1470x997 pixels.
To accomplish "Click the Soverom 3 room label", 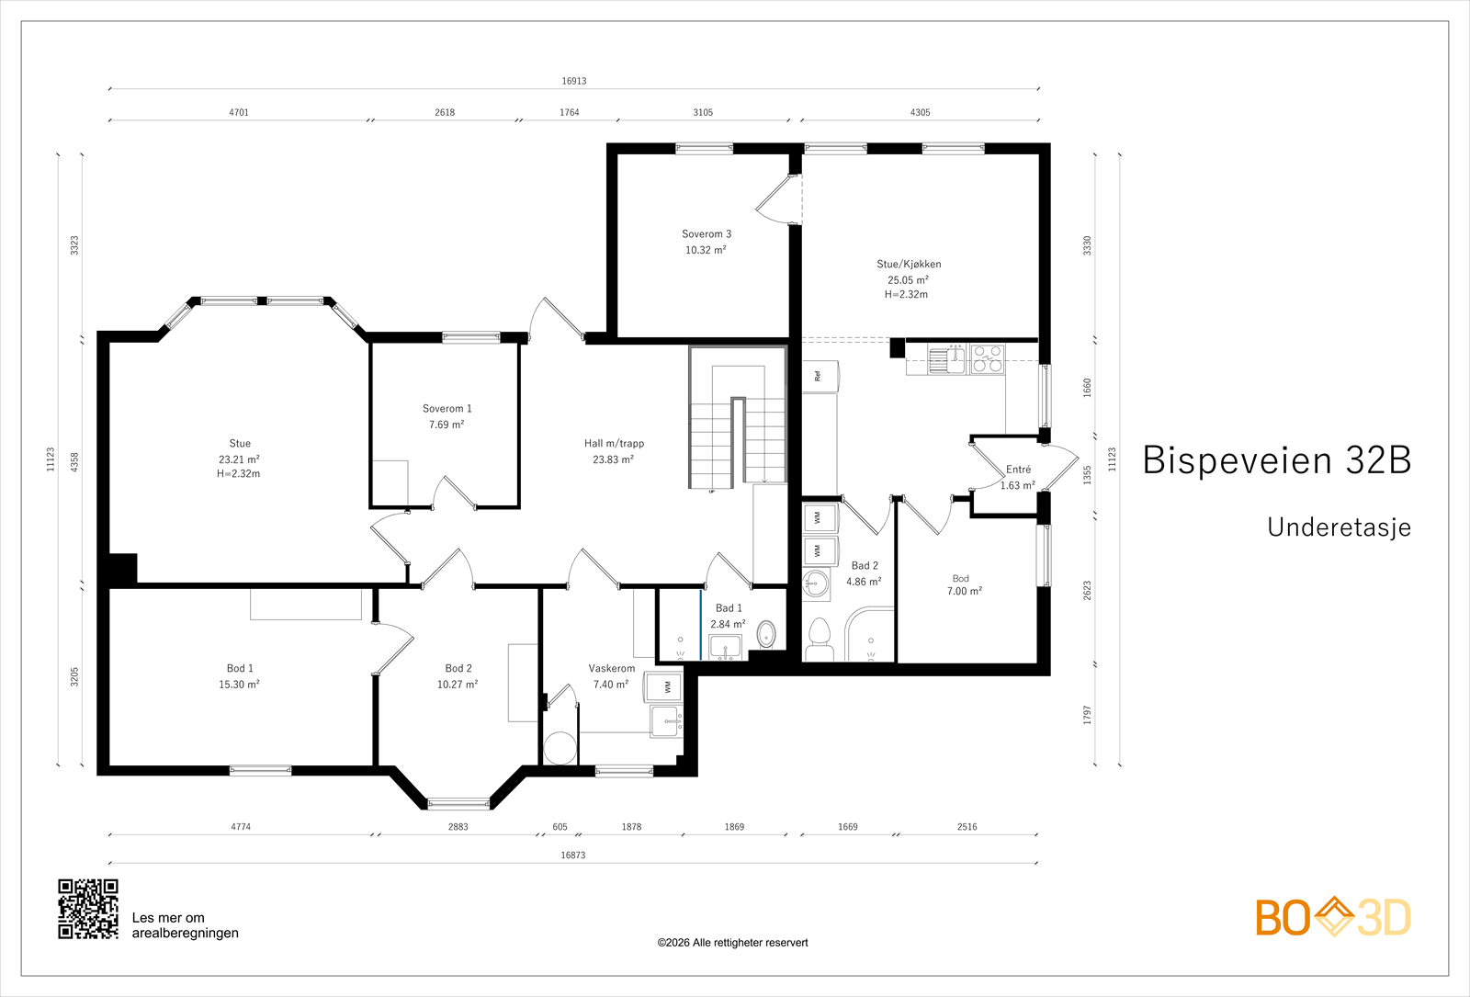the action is (x=707, y=234).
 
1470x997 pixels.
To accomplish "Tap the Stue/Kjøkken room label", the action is (x=909, y=264).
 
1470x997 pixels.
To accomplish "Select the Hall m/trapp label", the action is (x=615, y=444).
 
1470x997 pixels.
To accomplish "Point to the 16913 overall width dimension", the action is (x=574, y=82).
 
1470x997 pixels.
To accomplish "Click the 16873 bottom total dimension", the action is (x=573, y=855).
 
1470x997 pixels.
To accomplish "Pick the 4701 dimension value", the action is (x=239, y=113).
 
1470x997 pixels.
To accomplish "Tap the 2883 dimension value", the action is (x=458, y=827).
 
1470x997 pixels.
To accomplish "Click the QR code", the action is (x=88, y=909).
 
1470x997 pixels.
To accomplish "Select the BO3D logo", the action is (x=1333, y=917).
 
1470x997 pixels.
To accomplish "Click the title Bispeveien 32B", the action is (x=1277, y=460).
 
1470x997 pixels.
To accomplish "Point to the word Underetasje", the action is (x=1340, y=527).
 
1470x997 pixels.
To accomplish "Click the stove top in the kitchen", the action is (x=988, y=359).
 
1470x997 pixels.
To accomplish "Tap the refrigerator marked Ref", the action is (x=820, y=376).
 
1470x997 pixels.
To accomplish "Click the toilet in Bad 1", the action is (x=766, y=634).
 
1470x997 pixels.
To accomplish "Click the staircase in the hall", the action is (x=738, y=417).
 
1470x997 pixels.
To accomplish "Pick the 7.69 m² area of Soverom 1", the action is (x=447, y=425).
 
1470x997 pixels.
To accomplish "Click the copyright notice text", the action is (x=732, y=943).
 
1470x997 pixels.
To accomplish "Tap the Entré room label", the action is (x=1019, y=470).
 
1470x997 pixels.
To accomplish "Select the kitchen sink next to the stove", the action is (x=947, y=359).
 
